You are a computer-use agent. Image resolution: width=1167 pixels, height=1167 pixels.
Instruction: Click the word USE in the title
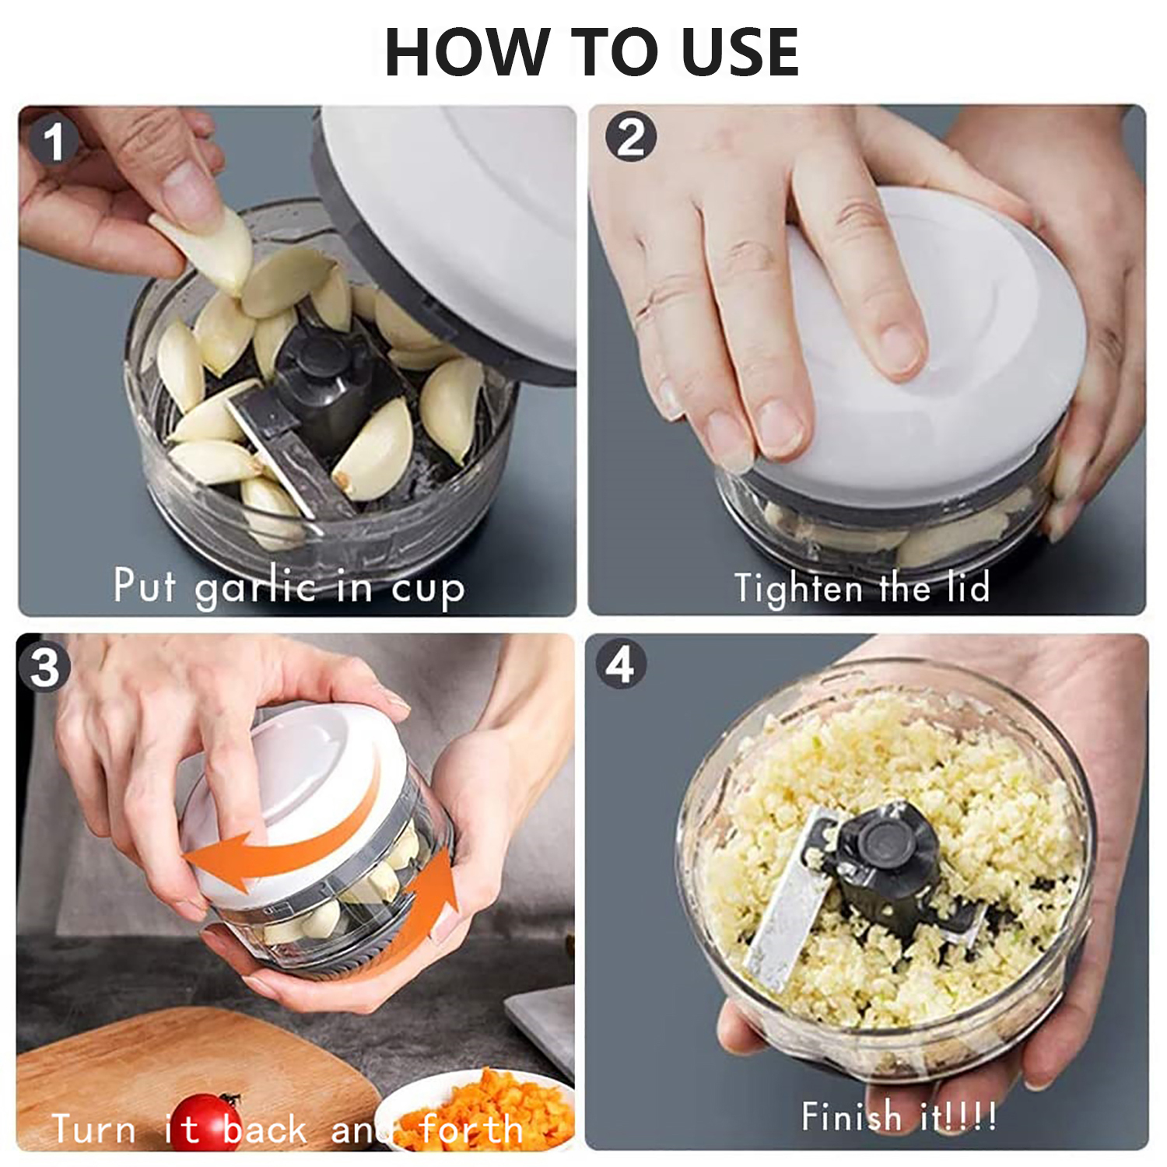[740, 52]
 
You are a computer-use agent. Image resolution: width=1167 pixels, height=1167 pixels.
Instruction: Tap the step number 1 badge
[53, 141]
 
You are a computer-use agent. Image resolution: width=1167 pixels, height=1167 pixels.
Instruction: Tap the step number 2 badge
[631, 137]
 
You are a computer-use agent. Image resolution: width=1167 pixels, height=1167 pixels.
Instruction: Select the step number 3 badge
[44, 667]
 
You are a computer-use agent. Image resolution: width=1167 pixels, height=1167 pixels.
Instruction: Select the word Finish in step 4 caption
[852, 1116]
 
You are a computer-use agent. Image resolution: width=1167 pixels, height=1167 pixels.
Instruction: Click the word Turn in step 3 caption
[93, 1129]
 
